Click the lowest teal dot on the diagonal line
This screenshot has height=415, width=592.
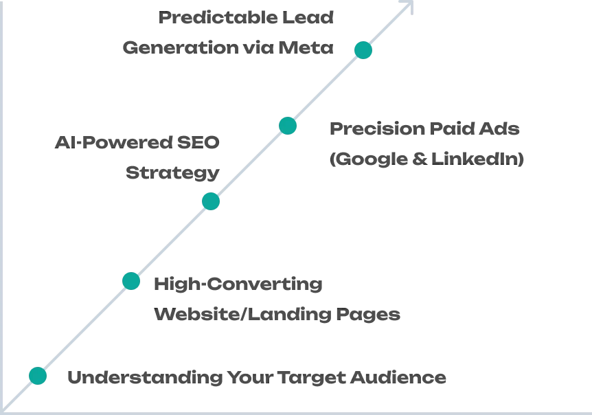[38, 376]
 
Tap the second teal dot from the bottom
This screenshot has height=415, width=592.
[131, 280]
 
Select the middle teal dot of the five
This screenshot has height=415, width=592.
[210, 202]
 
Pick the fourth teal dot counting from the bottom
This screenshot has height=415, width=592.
[288, 126]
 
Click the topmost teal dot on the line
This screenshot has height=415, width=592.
[363, 50]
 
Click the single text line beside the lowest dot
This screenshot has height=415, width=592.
[258, 377]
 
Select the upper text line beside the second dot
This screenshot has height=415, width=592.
[238, 284]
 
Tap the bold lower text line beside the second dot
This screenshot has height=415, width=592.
[276, 315]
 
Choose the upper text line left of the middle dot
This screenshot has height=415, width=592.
[135, 142]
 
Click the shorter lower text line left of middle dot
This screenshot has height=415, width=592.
[172, 172]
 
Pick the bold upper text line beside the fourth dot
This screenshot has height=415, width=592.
[425, 129]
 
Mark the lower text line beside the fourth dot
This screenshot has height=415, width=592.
[428, 159]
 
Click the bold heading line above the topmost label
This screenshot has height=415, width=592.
[247, 18]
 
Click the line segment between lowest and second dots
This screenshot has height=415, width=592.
[84, 328]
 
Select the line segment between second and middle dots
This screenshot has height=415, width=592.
[171, 241]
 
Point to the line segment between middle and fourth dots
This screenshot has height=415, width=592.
[249, 164]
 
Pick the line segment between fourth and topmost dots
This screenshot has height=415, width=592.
[326, 88]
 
